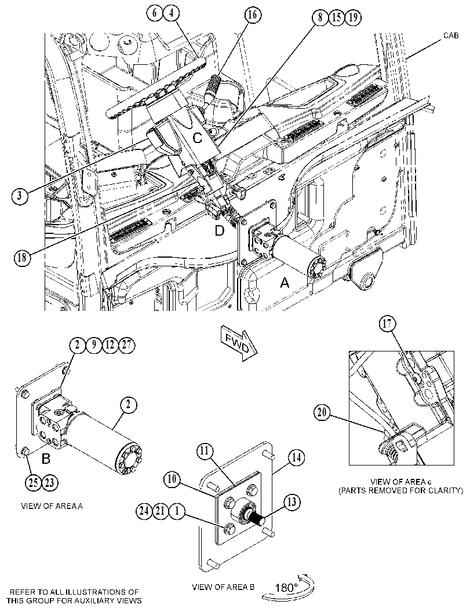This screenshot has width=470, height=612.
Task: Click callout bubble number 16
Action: [x=253, y=15]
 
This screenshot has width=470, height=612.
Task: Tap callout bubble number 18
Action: [x=21, y=258]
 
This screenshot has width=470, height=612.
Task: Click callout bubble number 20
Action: [x=322, y=413]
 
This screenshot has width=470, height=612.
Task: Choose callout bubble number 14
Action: [x=297, y=457]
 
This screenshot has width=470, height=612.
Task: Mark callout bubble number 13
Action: [x=292, y=503]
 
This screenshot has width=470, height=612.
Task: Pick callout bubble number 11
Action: [x=205, y=452]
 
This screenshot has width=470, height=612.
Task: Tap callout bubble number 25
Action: [x=34, y=483]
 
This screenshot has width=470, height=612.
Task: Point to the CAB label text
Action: [x=451, y=36]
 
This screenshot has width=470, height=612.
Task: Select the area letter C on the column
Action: [x=198, y=138]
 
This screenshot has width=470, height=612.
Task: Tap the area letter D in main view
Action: [x=220, y=231]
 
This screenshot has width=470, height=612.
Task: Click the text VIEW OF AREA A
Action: [x=52, y=506]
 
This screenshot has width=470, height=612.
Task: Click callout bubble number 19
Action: [x=353, y=17]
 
